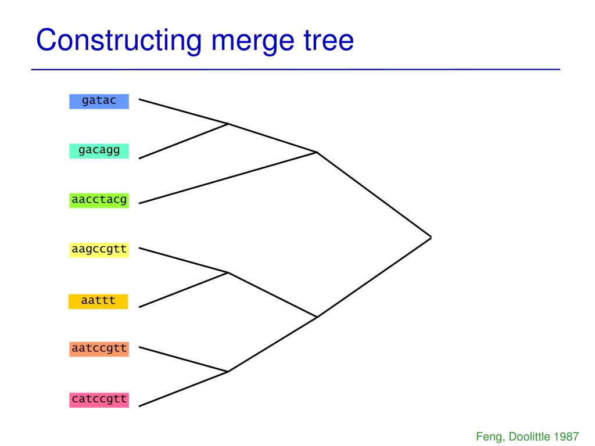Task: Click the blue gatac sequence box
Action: [99, 101]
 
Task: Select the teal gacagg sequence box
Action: [99, 151]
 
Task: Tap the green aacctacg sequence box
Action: [99, 200]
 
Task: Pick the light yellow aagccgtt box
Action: [99, 250]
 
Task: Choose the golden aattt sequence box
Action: [98, 301]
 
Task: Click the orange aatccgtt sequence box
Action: [99, 349]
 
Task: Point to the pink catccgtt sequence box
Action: [99, 400]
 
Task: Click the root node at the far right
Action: [431, 237]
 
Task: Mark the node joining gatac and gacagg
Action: [228, 124]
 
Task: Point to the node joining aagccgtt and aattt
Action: [228, 272]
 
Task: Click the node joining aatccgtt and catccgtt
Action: [228, 372]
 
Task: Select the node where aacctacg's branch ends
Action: [317, 152]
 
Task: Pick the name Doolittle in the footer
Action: [529, 436]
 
